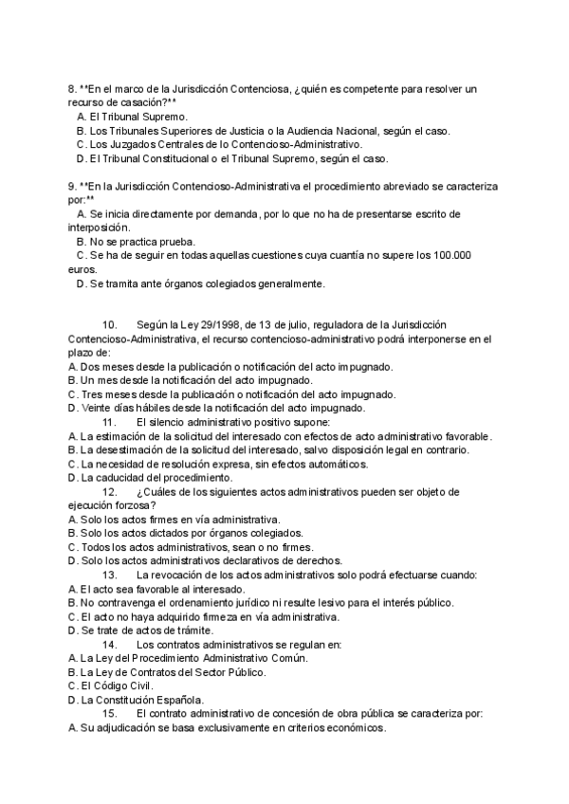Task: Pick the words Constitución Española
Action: pyautogui.click(x=141, y=701)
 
